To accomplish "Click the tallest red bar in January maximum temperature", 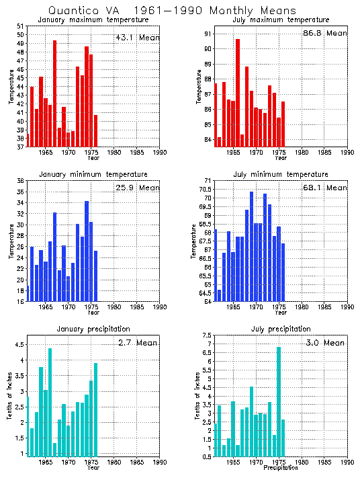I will [x=54, y=94].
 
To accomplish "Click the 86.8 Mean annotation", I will [x=326, y=33].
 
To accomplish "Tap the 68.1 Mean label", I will [x=326, y=188].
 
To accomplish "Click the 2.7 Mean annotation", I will [x=137, y=343].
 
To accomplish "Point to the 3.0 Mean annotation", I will [x=325, y=343].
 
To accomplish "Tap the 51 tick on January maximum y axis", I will [x=21, y=26].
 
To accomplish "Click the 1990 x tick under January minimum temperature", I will [x=159, y=308].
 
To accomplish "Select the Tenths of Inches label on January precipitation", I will [x=9, y=397].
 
